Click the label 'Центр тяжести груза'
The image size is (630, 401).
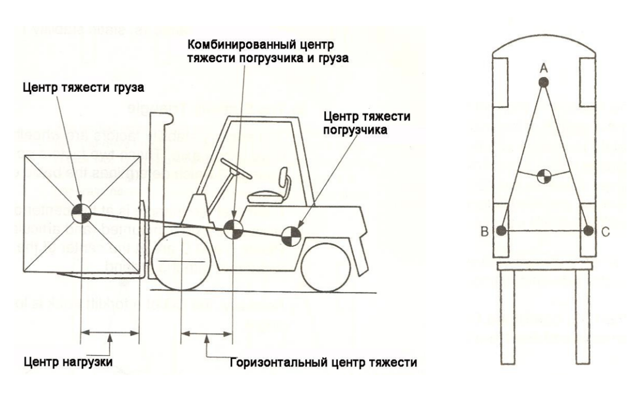pos(84,87)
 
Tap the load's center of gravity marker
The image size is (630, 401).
pos(81,213)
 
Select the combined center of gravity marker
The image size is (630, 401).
pos(233,229)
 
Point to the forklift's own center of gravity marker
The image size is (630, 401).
pos(289,235)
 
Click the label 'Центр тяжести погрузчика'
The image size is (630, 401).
pos(367,122)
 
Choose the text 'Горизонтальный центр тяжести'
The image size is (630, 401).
pos(324,362)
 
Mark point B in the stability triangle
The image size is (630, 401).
pos(502,231)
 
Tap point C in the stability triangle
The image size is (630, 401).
pos(589,230)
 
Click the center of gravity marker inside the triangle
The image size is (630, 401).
pos(543,176)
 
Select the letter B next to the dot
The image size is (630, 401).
pos(485,232)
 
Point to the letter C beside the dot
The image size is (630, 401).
pos(606,232)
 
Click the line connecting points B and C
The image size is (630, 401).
pos(545,231)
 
